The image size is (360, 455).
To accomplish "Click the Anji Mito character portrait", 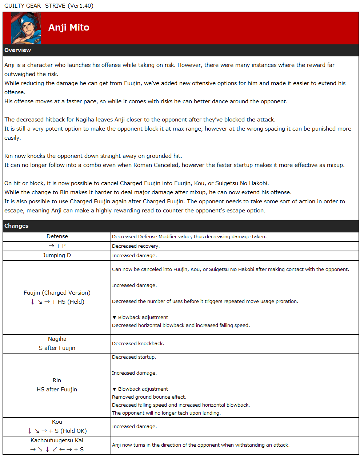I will tap(25, 28).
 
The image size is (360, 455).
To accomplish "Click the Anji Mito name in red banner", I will tap(69, 28).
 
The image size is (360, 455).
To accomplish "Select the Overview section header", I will tap(17, 50).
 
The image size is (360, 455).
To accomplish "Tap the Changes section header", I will tap(16, 226).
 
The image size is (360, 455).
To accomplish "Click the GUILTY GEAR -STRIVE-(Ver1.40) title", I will tap(49, 5).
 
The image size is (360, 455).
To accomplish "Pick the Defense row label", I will tap(57, 236).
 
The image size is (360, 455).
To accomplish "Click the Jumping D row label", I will tap(57, 255).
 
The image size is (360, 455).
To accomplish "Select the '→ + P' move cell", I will tap(57, 246).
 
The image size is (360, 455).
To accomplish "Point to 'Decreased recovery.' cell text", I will tap(136, 246).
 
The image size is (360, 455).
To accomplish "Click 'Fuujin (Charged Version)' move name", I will tap(57, 293).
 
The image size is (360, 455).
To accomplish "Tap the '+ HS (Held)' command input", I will tap(68, 302).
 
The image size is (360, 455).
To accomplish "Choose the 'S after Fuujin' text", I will tap(57, 348).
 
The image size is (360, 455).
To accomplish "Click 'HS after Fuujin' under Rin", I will tap(57, 390).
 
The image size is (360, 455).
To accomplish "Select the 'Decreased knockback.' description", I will tap(138, 344).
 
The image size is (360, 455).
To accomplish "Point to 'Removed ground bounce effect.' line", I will tap(149, 397).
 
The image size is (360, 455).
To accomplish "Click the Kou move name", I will tap(57, 422).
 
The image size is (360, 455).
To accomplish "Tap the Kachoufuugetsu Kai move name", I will tap(57, 440).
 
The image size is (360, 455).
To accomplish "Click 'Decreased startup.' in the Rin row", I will tap(134, 357).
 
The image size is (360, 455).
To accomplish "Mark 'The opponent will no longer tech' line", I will tap(166, 413).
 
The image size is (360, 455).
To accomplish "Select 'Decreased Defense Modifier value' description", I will tap(189, 237).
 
